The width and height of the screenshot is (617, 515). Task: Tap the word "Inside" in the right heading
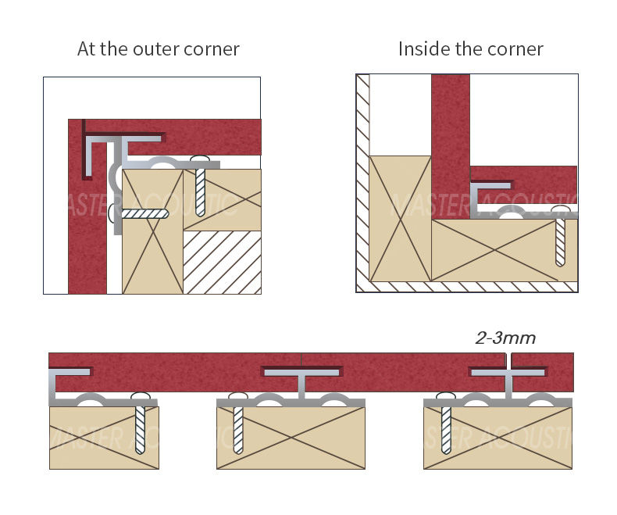(x=421, y=49)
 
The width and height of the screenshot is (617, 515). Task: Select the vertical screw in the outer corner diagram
(x=199, y=188)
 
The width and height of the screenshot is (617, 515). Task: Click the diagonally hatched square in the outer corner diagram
(x=222, y=262)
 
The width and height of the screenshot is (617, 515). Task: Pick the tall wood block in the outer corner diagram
(x=152, y=234)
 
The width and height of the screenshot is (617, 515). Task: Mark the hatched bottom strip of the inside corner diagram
(x=469, y=287)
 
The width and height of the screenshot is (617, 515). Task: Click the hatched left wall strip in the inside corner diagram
(x=362, y=180)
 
